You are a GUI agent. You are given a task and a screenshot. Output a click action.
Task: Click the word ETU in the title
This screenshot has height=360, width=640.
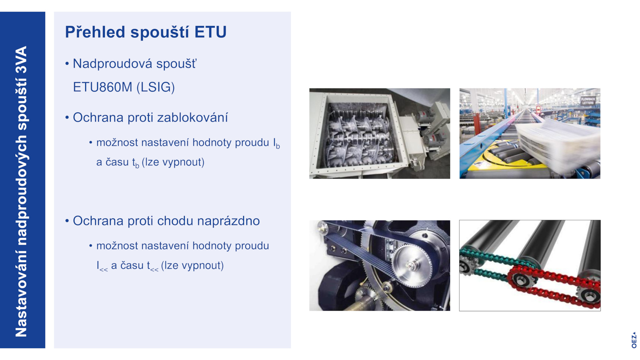pos(210,32)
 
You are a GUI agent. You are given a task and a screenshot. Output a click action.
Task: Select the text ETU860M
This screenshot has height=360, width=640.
pos(102,87)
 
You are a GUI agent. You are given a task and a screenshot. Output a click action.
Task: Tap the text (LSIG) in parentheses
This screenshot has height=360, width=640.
pos(156,87)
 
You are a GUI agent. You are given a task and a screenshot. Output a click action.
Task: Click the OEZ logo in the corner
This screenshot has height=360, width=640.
pos(634,340)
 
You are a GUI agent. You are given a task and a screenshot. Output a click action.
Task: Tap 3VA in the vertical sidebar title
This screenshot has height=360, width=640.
pos(21,60)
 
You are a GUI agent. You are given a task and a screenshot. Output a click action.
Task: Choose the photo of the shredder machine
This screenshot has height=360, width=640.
pos(380,134)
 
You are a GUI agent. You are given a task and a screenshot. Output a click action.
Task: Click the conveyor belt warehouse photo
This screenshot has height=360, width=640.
pos(530,134)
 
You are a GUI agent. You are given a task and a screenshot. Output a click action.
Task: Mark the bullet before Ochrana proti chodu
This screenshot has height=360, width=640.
pos(67,221)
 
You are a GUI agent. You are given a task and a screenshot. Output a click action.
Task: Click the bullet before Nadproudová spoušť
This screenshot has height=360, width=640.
pos(67,64)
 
